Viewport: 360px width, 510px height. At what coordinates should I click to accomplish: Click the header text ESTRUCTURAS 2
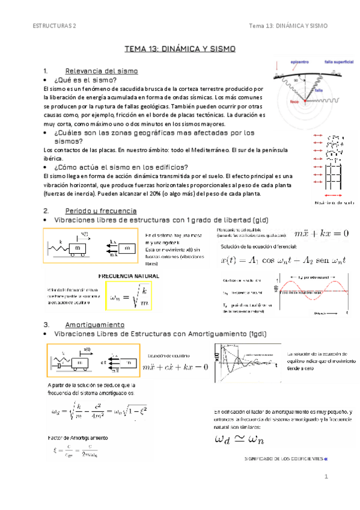55,26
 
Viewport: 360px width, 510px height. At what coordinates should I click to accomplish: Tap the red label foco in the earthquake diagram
278,102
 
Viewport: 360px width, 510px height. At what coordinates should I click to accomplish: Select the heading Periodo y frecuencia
100,211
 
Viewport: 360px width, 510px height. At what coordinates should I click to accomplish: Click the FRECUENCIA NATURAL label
129,275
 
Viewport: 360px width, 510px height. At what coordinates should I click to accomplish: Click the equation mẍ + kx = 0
321,234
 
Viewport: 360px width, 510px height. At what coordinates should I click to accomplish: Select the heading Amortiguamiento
94,324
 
